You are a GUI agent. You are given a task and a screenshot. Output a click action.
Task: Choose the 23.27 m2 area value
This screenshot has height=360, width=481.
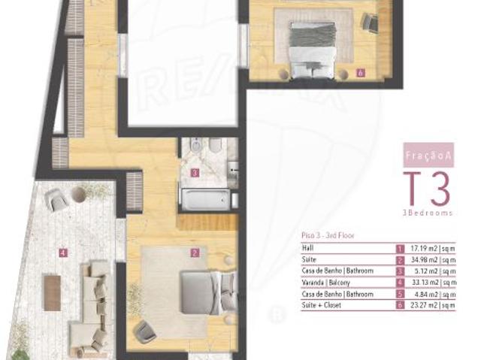432,306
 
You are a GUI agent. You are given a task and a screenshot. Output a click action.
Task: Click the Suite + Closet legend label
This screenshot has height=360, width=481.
320,306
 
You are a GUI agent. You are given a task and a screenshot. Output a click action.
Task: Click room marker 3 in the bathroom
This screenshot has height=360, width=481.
195,173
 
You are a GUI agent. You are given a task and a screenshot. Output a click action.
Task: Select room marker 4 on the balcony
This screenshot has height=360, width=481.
63,253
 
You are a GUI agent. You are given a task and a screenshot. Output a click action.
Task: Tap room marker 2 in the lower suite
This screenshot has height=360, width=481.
195,253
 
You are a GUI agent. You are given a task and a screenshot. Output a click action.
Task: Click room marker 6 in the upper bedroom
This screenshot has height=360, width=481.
361,74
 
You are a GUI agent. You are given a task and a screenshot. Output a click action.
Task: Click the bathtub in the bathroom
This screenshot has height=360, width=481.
204,198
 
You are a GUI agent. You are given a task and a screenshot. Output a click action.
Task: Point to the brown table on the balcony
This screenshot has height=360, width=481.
52,292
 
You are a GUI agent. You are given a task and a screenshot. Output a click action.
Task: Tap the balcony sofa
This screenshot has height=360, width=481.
92,304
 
